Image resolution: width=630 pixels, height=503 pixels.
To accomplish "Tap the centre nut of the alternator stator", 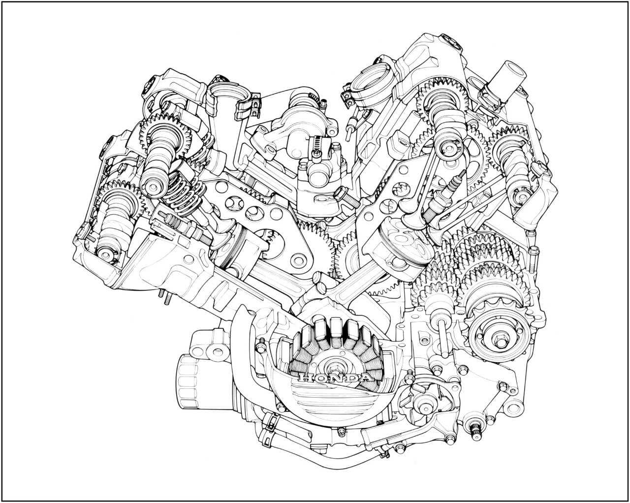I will (x=334, y=367).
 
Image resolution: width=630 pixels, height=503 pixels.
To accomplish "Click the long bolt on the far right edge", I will (x=533, y=261).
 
